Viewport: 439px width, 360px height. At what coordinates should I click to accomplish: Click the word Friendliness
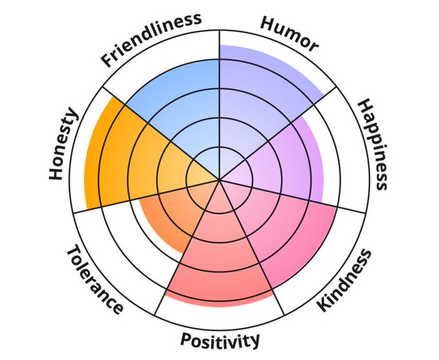click(x=152, y=40)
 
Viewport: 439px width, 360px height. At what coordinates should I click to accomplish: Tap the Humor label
click(x=289, y=34)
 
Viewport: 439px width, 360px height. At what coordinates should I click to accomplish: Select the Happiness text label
click(x=373, y=143)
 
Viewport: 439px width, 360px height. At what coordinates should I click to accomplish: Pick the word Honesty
click(x=63, y=145)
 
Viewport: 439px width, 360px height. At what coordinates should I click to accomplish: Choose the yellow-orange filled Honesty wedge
click(x=123, y=162)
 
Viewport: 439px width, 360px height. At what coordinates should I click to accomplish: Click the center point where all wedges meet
click(x=219, y=180)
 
